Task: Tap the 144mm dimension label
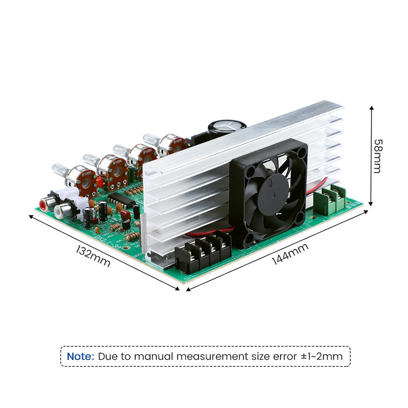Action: click(290, 253)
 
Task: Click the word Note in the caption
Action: click(80, 356)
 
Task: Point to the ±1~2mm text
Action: click(322, 356)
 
